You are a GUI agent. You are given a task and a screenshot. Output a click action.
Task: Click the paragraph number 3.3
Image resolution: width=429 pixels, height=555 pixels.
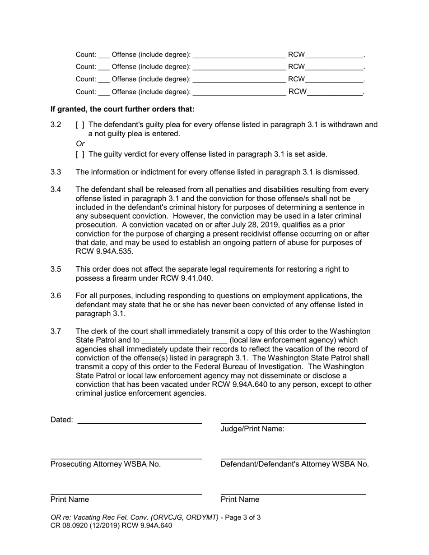(x=56, y=172)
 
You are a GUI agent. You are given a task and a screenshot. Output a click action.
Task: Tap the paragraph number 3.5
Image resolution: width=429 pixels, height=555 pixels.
(x=56, y=269)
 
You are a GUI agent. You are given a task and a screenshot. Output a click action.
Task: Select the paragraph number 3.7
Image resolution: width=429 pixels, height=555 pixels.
(x=56, y=332)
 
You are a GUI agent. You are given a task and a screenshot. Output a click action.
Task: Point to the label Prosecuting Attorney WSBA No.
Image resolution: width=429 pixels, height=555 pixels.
(x=105, y=464)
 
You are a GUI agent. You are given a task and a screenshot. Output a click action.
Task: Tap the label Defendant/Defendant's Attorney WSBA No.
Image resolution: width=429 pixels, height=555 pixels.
(x=294, y=464)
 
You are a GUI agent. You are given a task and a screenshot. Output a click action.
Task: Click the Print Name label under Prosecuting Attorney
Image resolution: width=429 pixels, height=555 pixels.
(x=70, y=499)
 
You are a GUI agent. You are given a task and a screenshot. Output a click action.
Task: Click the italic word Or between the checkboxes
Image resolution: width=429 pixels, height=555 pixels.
(x=80, y=144)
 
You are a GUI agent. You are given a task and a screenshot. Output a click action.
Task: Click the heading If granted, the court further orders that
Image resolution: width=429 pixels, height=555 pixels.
(x=122, y=110)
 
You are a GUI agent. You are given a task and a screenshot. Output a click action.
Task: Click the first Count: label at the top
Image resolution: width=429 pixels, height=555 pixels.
(x=86, y=55)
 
